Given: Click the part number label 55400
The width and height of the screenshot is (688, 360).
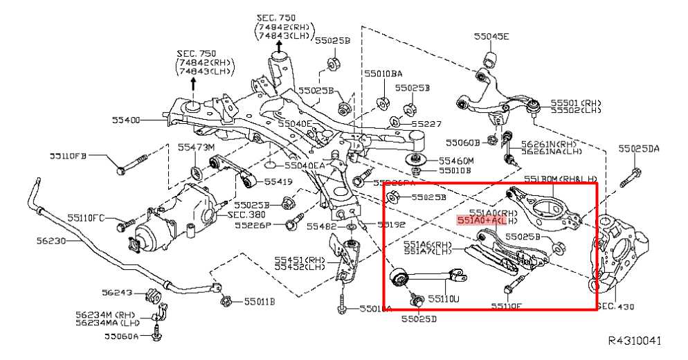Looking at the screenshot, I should click(x=126, y=120).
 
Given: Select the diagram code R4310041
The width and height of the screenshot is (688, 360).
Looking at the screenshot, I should click(x=635, y=341).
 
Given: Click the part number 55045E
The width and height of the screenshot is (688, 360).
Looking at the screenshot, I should click(x=491, y=36).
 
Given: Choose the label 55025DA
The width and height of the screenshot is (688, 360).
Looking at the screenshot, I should click(x=639, y=148).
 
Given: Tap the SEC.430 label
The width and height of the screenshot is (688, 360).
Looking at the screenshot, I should click(x=615, y=305).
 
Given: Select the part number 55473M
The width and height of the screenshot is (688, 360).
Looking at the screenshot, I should click(x=196, y=147).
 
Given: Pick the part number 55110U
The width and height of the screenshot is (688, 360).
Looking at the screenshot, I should click(x=443, y=299).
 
